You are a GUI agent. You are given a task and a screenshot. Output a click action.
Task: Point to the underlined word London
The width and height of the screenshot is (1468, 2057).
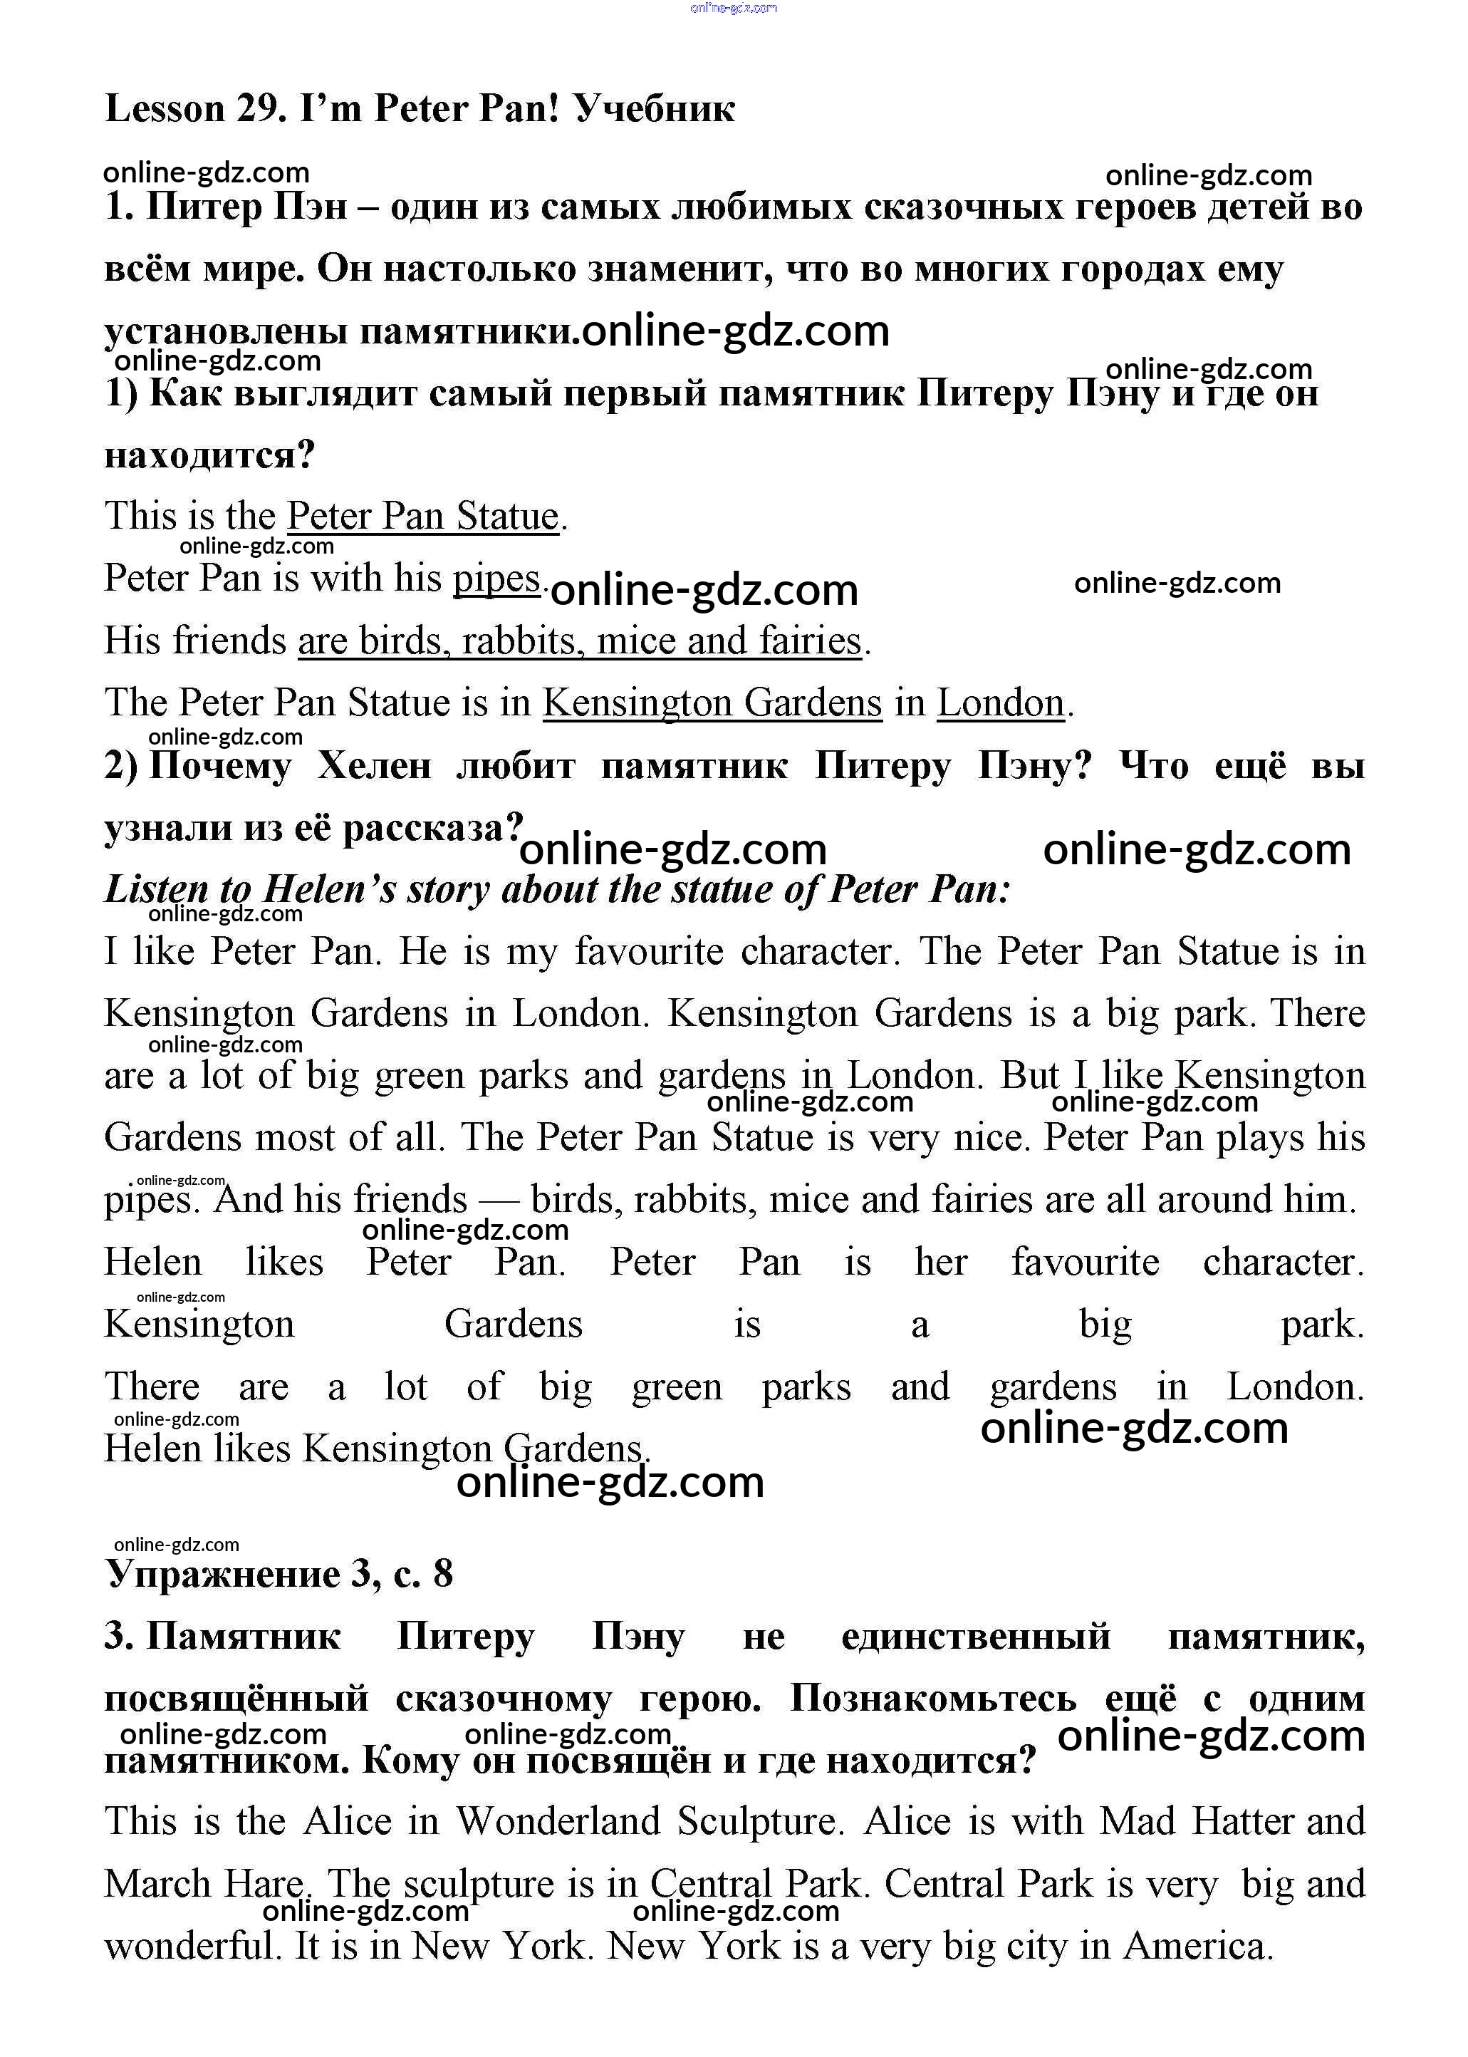tap(1001, 703)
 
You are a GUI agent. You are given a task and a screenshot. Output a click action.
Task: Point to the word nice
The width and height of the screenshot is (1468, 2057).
tap(991, 1137)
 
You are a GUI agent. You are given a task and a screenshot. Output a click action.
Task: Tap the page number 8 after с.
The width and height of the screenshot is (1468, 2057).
tap(443, 1574)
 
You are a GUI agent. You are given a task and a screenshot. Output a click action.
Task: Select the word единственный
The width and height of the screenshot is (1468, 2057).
tap(975, 1637)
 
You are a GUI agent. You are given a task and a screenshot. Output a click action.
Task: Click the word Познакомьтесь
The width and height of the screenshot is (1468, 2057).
tap(933, 1699)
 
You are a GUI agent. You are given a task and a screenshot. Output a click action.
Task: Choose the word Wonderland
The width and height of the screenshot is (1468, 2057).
tap(558, 1822)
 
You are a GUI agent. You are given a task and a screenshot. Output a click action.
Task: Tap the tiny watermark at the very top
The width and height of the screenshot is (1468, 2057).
tap(733, 8)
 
